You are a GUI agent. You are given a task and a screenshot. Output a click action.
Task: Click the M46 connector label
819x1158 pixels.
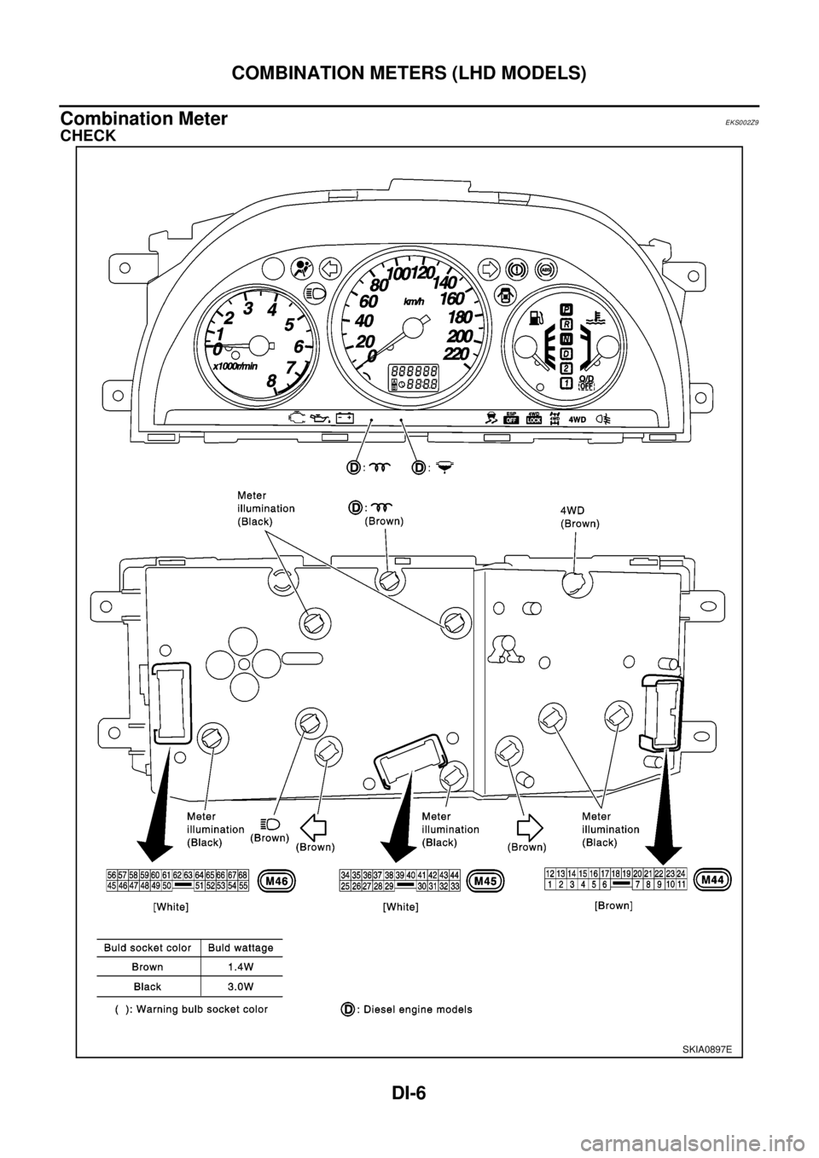point(282,881)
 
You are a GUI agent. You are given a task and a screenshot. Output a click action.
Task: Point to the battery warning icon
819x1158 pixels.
point(344,418)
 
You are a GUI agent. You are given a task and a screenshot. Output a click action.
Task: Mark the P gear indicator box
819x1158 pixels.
point(566,309)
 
